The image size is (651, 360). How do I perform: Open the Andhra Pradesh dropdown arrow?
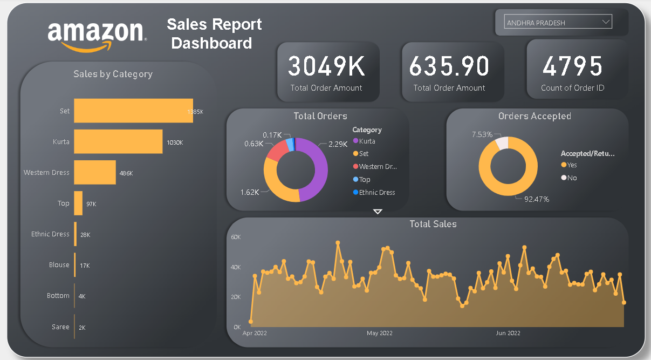point(606,23)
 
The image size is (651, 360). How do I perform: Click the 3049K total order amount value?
point(326,66)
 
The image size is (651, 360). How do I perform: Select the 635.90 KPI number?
point(449,66)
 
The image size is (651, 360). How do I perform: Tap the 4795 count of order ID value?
point(572,66)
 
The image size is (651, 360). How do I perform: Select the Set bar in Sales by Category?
point(133,111)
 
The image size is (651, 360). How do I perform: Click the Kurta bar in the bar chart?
point(118,141)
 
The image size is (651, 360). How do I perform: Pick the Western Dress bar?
point(95,172)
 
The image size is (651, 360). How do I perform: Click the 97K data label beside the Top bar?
point(91,204)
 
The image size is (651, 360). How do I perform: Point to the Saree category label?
point(60,327)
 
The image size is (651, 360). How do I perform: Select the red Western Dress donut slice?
point(276,152)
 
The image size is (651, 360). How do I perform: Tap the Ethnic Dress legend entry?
point(376,193)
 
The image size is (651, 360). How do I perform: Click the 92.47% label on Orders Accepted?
point(536,199)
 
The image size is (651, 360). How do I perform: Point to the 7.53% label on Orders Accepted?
point(482,134)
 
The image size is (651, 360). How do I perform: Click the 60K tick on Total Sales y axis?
point(236,237)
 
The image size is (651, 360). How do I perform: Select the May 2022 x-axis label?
point(380,334)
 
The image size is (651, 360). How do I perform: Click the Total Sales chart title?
point(433,224)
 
